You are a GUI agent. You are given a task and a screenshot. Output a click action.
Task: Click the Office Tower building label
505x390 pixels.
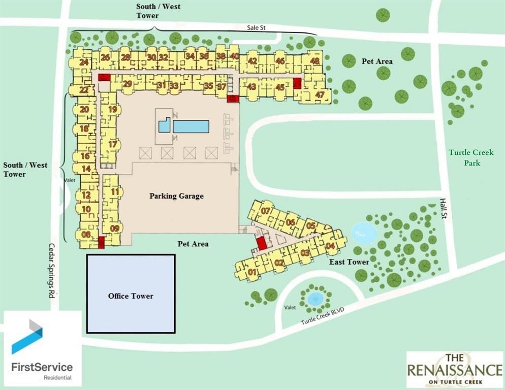[x=131, y=296]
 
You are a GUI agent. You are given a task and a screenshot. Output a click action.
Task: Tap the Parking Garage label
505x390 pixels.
[x=176, y=196]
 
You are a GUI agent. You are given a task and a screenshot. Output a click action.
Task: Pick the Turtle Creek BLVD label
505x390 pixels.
[x=323, y=316]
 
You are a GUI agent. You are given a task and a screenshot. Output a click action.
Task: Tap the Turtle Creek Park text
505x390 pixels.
[x=465, y=157]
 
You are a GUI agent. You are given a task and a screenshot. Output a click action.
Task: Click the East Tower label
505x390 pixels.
[x=349, y=262]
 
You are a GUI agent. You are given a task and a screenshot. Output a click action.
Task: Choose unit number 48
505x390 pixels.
[x=315, y=61]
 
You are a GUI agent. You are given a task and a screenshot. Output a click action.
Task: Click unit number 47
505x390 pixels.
[x=320, y=94]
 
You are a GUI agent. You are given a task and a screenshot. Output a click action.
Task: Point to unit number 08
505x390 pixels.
[x=86, y=234]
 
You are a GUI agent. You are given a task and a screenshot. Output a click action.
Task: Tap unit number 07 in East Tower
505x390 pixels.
[x=265, y=210]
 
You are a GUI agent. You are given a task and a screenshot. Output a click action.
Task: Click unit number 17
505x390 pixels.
[x=113, y=144]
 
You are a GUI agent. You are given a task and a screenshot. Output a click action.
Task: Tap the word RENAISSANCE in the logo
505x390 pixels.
[x=456, y=369]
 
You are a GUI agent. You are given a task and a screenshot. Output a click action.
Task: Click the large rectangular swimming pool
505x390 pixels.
[x=191, y=126]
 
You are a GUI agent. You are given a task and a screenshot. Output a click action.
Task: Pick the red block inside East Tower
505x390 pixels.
[x=262, y=243]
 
